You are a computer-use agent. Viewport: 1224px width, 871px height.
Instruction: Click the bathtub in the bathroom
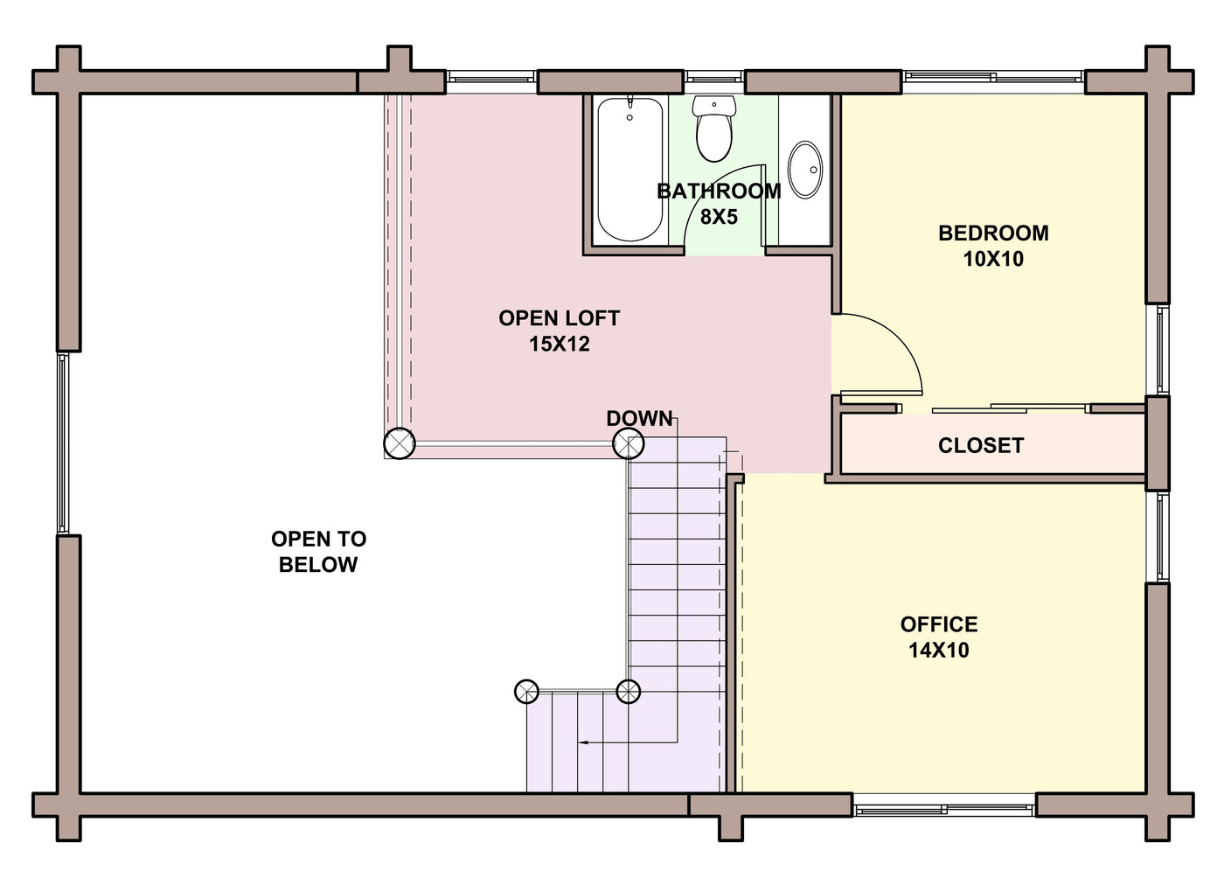point(630,170)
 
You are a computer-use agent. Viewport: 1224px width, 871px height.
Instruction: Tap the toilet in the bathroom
point(713,129)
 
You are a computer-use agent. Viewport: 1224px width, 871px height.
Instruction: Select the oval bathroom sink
point(805,170)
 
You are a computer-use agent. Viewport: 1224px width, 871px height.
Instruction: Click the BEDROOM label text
point(993,233)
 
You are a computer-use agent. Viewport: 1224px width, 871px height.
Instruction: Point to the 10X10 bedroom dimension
point(993,259)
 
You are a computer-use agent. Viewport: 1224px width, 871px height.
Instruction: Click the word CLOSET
point(981,445)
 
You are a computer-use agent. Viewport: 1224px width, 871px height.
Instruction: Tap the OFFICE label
point(939,624)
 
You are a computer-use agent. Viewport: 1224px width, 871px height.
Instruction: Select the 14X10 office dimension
point(939,651)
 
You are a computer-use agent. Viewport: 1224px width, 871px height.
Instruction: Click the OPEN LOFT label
point(559,318)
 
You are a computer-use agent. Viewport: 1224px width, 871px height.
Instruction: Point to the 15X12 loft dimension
point(559,344)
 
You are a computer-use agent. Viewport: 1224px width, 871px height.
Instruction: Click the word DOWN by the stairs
point(639,419)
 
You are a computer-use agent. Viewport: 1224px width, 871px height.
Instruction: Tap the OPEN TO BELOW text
point(318,551)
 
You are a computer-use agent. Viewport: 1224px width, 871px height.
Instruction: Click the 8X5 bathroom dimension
point(719,217)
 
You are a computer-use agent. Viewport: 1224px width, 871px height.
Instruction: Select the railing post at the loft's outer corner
point(400,443)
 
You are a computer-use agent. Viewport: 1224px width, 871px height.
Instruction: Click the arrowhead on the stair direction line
point(582,742)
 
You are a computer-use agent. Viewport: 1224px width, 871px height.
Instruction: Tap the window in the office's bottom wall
point(943,810)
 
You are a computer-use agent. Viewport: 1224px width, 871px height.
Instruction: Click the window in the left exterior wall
point(63,443)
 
